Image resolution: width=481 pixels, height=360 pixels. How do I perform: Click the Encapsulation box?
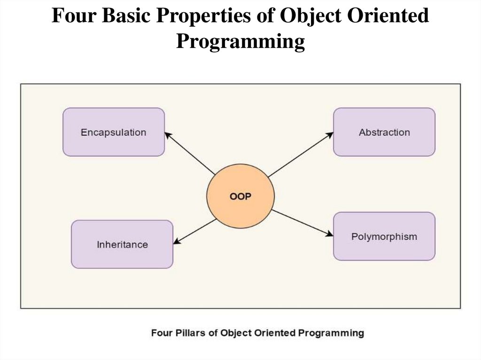pyautogui.click(x=113, y=132)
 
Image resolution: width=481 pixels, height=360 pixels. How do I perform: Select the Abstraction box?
pyautogui.click(x=384, y=132)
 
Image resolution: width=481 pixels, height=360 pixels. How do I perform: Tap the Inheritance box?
pyautogui.click(x=122, y=244)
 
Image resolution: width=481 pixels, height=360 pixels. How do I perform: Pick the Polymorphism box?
pyautogui.click(x=384, y=236)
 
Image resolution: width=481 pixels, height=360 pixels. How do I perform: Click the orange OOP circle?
pyautogui.click(x=240, y=196)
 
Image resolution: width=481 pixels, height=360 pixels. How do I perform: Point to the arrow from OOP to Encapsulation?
pyautogui.click(x=190, y=153)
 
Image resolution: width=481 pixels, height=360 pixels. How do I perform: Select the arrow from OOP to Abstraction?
pyautogui.click(x=301, y=154)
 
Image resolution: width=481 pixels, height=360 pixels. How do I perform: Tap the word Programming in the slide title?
pyautogui.click(x=240, y=42)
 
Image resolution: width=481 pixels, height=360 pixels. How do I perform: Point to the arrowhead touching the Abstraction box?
pyautogui.click(x=330, y=134)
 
